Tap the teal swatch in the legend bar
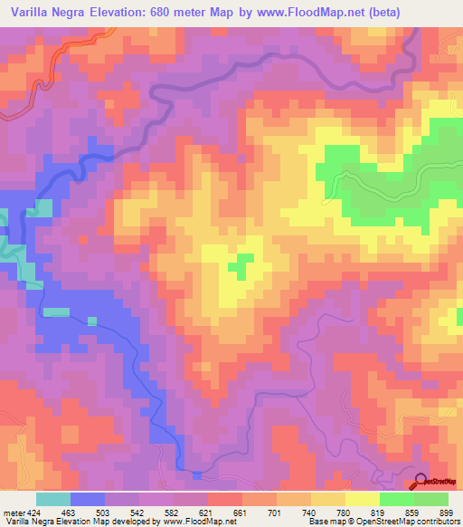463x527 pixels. tap(53, 499)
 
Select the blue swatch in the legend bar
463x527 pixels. tap(89, 499)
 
